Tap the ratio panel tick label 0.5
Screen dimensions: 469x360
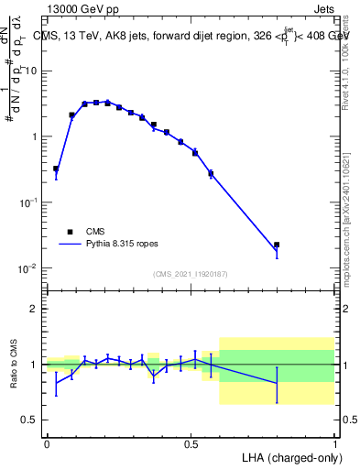click(x=30, y=420)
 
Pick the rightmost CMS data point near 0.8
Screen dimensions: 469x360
click(x=277, y=245)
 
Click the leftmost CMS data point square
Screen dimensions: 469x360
click(x=56, y=169)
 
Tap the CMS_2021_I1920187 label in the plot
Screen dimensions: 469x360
click(x=191, y=273)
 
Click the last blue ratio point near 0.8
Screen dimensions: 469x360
click(x=277, y=383)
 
